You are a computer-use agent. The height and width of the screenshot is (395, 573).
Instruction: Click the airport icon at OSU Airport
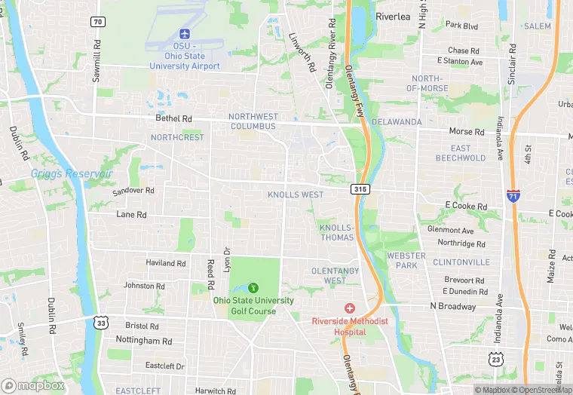[185, 34]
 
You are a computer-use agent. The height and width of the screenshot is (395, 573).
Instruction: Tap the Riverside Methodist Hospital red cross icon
[350, 309]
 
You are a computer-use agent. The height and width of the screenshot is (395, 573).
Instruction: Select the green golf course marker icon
[253, 288]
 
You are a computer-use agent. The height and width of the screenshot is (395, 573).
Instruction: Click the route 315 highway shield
[360, 190]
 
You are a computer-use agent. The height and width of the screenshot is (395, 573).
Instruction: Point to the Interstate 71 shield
[513, 196]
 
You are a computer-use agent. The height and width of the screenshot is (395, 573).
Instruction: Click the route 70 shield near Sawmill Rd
[97, 22]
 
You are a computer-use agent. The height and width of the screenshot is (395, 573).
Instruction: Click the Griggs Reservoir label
[72, 174]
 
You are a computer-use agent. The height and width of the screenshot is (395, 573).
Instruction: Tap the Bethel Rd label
[174, 118]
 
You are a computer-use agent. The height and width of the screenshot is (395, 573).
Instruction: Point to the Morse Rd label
[466, 131]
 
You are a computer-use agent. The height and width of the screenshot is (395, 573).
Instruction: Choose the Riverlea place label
[393, 16]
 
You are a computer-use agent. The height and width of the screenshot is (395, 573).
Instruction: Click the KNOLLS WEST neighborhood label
[296, 194]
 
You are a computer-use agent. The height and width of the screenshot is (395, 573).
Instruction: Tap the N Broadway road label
[453, 306]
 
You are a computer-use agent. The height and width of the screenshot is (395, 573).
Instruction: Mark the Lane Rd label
[131, 215]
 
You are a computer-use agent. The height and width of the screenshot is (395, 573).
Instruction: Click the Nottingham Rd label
[149, 341]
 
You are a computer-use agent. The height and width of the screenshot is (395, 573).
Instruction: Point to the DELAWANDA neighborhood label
[396, 121]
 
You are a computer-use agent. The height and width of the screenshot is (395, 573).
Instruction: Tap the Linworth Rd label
[301, 52]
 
